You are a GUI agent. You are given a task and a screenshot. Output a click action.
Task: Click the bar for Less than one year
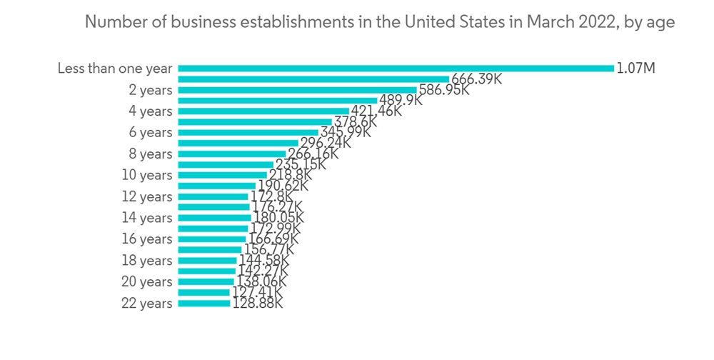coord(396,69)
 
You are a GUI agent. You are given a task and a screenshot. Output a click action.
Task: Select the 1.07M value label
coord(636,69)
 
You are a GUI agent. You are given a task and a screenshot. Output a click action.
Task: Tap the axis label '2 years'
coord(151,90)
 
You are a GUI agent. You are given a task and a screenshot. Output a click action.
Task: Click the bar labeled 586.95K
coord(297,90)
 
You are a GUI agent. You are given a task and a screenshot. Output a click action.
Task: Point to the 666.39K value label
coord(476,79)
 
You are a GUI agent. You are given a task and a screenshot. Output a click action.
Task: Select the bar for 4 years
coord(263,111)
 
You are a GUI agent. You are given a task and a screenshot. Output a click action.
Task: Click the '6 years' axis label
coord(151,133)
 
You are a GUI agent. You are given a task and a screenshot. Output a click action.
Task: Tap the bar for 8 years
coord(232,154)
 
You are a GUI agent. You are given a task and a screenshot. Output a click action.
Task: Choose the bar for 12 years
coord(213,196)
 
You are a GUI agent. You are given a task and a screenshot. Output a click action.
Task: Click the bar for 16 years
coord(212,239)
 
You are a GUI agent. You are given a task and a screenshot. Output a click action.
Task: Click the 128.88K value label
coord(257,304)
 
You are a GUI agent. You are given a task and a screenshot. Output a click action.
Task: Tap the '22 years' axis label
coord(147,304)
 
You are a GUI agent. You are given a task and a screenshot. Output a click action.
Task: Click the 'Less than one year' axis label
coord(115,69)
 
